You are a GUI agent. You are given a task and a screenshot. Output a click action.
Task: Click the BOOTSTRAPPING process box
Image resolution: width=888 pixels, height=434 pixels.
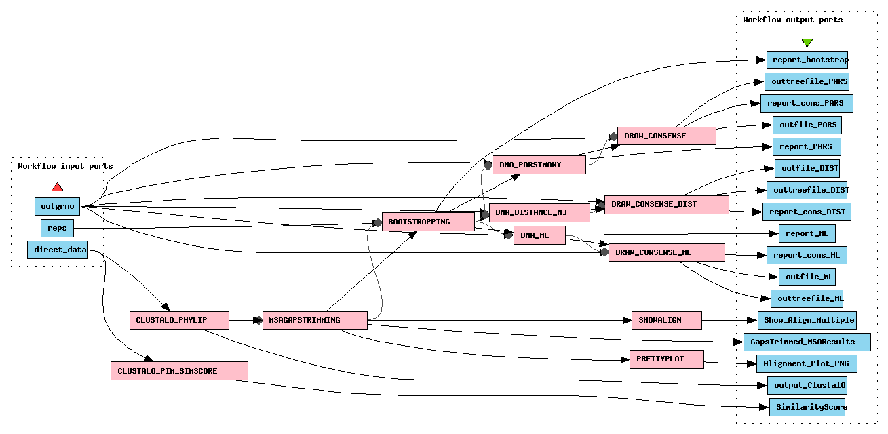[428, 222]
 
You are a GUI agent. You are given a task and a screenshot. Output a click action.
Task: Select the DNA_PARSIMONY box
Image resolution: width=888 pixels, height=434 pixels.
[539, 165]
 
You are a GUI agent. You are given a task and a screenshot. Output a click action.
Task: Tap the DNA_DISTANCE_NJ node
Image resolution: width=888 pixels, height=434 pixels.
[539, 213]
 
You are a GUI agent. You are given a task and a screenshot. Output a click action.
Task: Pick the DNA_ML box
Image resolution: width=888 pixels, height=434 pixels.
[539, 235]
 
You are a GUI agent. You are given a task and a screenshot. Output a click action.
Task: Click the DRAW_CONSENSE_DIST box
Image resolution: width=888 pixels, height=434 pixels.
[666, 204]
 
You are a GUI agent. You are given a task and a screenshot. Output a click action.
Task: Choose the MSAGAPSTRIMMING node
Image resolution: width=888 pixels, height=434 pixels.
[314, 320]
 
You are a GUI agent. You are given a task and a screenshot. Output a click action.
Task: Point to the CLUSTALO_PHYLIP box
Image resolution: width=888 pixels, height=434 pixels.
[179, 320]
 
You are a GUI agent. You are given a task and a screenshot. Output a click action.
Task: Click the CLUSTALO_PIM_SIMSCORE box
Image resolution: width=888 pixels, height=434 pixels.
[179, 371]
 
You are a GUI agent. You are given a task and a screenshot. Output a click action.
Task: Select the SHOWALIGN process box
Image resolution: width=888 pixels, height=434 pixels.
[666, 320]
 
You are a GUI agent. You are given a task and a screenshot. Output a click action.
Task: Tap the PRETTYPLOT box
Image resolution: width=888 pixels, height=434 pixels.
[666, 359]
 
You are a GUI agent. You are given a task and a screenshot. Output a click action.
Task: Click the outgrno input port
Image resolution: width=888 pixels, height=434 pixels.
[58, 206]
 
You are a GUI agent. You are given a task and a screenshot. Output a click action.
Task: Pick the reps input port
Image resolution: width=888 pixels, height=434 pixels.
[58, 228]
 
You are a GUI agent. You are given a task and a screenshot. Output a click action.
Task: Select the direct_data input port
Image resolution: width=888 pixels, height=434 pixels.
[60, 250]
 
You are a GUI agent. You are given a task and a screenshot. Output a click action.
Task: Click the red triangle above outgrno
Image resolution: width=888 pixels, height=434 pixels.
[58, 187]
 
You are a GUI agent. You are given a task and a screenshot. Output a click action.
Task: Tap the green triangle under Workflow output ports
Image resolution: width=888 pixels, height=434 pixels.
[807, 43]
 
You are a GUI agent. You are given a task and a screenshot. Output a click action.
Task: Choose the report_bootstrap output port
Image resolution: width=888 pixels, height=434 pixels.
[807, 60]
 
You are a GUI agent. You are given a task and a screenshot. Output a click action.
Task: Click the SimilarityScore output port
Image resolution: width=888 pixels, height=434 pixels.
[808, 407]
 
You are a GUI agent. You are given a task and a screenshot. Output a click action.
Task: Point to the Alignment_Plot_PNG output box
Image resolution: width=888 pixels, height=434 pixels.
[807, 363]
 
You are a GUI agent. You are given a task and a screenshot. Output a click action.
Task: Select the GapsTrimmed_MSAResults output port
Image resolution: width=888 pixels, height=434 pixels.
[808, 341]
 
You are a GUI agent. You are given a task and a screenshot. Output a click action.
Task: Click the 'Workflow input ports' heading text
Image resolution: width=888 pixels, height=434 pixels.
[65, 166]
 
